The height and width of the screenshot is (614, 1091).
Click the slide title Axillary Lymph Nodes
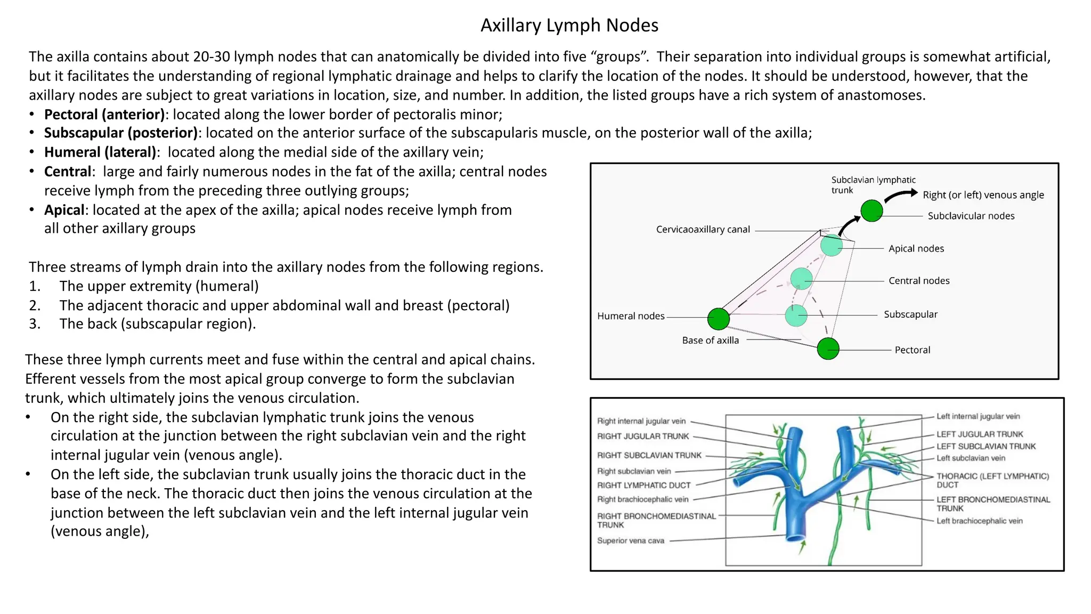(569, 25)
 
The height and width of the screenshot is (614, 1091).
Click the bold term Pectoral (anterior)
(104, 114)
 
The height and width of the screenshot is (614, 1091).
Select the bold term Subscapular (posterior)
(121, 133)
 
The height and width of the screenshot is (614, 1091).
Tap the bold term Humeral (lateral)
(100, 152)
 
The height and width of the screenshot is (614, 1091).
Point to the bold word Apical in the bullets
(64, 210)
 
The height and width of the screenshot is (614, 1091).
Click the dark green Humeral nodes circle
(718, 319)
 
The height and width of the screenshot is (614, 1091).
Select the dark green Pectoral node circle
(828, 349)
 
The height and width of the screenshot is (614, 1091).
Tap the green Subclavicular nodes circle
(872, 211)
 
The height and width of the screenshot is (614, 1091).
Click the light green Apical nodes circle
(831, 246)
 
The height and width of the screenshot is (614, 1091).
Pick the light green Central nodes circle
(801, 279)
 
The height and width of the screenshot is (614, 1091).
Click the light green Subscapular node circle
(796, 316)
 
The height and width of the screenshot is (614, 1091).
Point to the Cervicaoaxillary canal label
(703, 230)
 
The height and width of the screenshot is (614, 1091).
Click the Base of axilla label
(710, 341)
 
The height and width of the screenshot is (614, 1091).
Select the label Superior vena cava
(630, 540)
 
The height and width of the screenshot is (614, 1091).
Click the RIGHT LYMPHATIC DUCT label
(644, 485)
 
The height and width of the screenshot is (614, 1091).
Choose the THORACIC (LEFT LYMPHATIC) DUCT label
(992, 480)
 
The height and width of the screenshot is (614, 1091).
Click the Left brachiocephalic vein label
(979, 521)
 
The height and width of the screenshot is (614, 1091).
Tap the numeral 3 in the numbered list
(35, 324)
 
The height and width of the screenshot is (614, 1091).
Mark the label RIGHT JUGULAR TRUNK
(643, 436)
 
